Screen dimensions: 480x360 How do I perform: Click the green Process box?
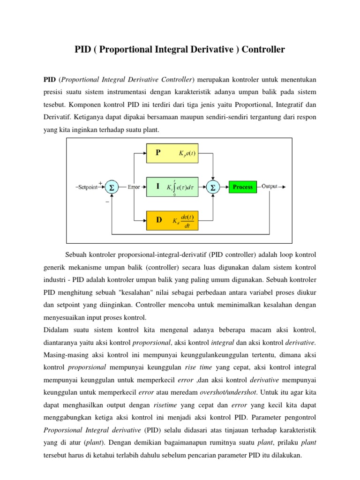coord(242,187)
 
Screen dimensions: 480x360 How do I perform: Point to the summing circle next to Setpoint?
coord(112,187)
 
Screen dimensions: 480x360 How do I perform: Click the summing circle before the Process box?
coord(213,187)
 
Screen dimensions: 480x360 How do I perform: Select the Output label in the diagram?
coord(270,186)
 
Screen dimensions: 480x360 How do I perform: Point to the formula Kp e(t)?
coord(187,153)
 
